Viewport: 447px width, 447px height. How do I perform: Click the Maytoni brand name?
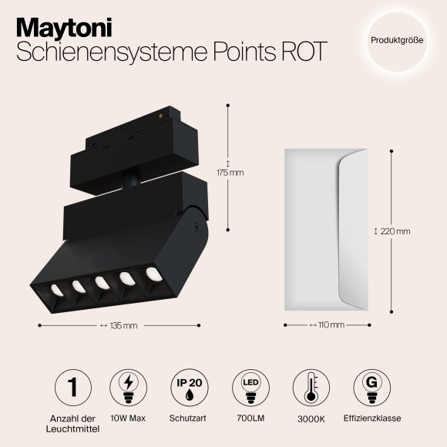(x=63, y=26)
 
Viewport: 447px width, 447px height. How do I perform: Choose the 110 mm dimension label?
(x=331, y=325)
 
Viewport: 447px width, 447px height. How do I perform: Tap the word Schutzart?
(x=187, y=419)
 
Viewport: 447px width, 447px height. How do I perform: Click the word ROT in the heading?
(x=298, y=52)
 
